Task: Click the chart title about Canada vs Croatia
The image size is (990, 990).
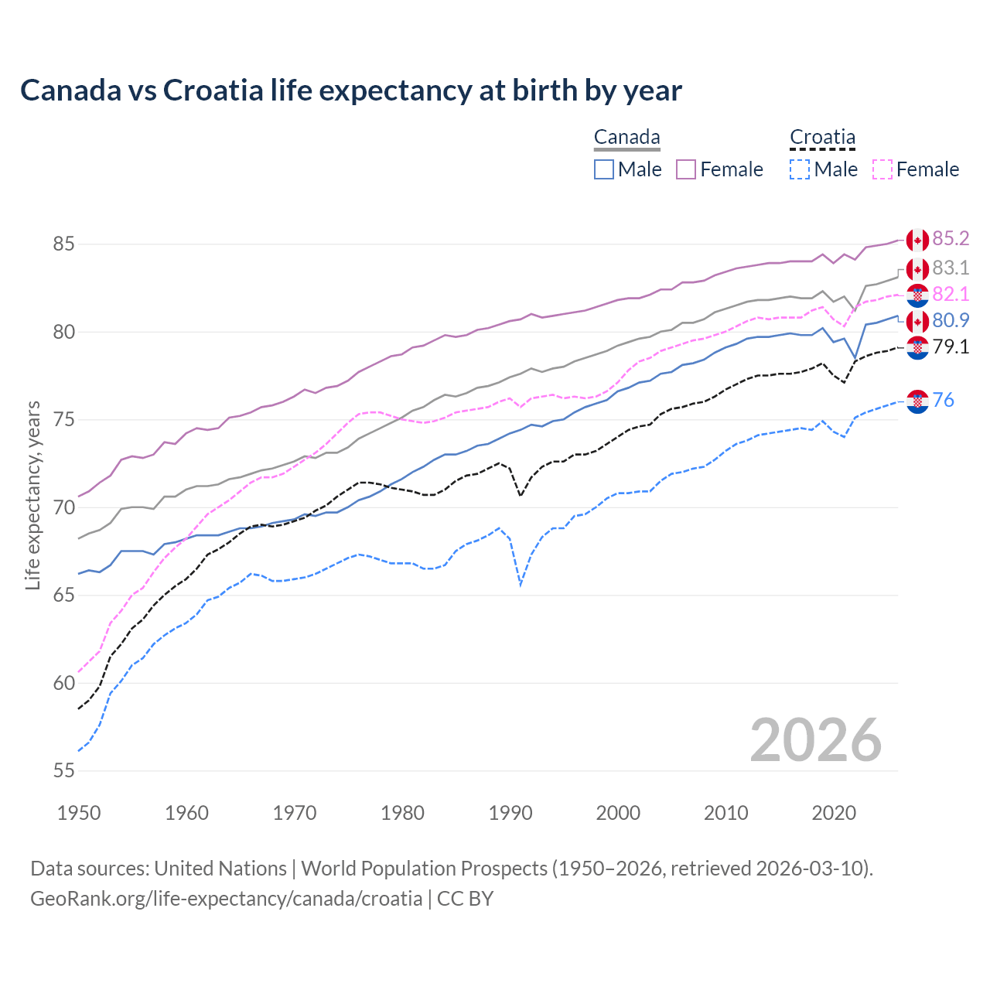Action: (350, 90)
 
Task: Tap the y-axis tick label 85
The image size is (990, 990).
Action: (63, 244)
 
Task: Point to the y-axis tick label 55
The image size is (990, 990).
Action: (63, 771)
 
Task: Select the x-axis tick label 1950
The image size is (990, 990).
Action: (79, 813)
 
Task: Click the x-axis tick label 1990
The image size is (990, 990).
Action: (510, 813)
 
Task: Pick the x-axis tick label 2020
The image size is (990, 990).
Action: (834, 813)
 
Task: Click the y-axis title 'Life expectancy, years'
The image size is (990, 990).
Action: (32, 495)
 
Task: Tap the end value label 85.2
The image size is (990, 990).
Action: (951, 239)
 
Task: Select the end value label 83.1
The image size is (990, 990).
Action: (951, 268)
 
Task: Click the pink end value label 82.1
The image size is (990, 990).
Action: (951, 295)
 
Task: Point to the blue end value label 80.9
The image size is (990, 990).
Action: (951, 321)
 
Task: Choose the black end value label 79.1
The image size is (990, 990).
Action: (951, 347)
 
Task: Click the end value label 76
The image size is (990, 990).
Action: (943, 401)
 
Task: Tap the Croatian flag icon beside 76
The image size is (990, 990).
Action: (917, 401)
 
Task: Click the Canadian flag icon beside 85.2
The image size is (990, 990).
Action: (917, 241)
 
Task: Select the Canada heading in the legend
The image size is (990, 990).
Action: (626, 138)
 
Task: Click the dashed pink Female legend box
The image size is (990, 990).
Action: (882, 169)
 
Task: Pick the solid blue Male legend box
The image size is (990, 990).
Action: (604, 169)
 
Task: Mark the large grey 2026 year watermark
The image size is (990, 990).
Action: (816, 740)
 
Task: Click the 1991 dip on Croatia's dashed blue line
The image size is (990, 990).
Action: (521, 585)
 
